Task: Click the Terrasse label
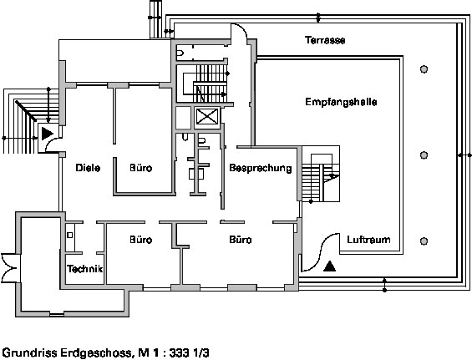pyautogui.click(x=325, y=40)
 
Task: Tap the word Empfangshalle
pyautogui.click(x=341, y=102)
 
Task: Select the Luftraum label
pyautogui.click(x=368, y=240)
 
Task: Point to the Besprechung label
pyautogui.click(x=261, y=168)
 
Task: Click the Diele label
pyautogui.click(x=88, y=168)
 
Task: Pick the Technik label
pyautogui.click(x=85, y=268)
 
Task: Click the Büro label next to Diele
pyautogui.click(x=141, y=168)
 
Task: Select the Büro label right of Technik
pyautogui.click(x=141, y=240)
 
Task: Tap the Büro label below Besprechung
pyautogui.click(x=241, y=240)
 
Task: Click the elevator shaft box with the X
pyautogui.click(x=207, y=116)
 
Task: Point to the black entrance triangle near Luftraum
pyautogui.click(x=330, y=266)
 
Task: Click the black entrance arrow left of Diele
pyautogui.click(x=48, y=134)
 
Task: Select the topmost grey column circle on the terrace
pyautogui.click(x=424, y=69)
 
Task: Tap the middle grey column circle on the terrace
pyautogui.click(x=424, y=155)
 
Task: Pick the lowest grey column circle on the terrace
pyautogui.click(x=424, y=241)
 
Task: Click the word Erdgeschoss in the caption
pyautogui.click(x=96, y=352)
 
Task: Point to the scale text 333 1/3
pyautogui.click(x=189, y=352)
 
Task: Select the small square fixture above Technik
pyautogui.click(x=70, y=235)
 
